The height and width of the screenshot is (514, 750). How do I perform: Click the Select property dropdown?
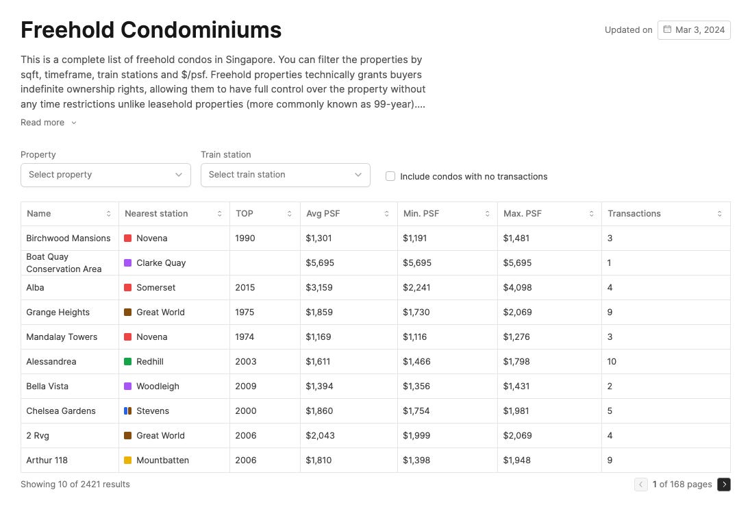(x=105, y=175)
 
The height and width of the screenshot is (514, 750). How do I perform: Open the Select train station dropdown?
(x=285, y=175)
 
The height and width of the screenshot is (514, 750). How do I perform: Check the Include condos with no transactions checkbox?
(x=390, y=176)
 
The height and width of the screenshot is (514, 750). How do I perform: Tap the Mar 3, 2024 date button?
(x=694, y=30)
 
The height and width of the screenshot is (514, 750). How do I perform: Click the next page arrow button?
(x=724, y=485)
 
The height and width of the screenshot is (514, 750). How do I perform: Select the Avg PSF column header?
(x=323, y=214)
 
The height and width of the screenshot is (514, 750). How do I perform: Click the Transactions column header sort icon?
(x=719, y=214)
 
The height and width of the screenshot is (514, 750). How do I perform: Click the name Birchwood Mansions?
(x=68, y=238)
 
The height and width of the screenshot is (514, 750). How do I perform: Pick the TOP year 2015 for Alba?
(x=245, y=288)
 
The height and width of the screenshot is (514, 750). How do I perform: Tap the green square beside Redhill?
(x=127, y=362)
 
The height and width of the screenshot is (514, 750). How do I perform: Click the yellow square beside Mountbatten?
(x=127, y=461)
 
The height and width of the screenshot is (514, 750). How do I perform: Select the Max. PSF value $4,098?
(x=517, y=288)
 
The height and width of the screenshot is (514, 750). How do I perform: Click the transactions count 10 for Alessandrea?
(x=612, y=362)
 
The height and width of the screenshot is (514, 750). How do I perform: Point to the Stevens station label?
(x=153, y=411)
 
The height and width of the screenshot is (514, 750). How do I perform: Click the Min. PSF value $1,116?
(x=416, y=337)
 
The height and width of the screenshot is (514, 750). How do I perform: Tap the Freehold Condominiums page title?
(x=151, y=30)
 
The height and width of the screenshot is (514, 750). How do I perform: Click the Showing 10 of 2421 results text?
(x=75, y=485)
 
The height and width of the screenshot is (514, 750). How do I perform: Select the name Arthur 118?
(x=47, y=461)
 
